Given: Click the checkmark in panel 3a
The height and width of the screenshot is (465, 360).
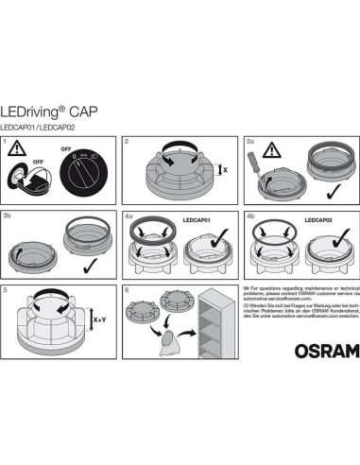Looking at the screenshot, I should coord(332,193).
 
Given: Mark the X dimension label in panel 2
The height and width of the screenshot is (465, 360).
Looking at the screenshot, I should coord(223,170).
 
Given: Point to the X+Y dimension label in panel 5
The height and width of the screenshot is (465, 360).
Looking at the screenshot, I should coord(98,320).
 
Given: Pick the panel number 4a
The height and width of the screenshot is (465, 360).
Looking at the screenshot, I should coord(130,216).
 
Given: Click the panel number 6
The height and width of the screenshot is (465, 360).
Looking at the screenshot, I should coord(128,290).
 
